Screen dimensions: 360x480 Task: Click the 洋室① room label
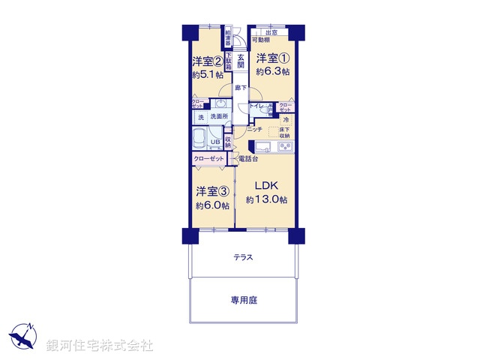tap(270, 58)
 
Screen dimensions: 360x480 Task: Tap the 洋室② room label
tap(207, 61)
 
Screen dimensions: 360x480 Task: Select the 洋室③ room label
tap(212, 190)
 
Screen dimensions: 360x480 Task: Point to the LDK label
tap(266, 185)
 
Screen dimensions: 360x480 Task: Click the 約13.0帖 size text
tap(266, 199)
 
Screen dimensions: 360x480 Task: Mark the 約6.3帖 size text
tap(270, 73)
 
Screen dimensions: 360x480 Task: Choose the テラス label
tap(243, 257)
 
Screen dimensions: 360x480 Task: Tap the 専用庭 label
tap(243, 300)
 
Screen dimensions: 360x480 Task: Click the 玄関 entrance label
tap(241, 61)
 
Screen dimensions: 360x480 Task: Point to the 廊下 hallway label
tap(240, 88)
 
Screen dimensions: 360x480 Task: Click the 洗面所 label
tap(219, 117)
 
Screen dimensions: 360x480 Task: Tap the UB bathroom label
tap(214, 142)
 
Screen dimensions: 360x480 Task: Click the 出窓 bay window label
tap(271, 32)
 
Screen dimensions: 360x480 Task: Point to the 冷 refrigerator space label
tap(287, 119)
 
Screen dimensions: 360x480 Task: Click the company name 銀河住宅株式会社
tap(100, 346)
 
